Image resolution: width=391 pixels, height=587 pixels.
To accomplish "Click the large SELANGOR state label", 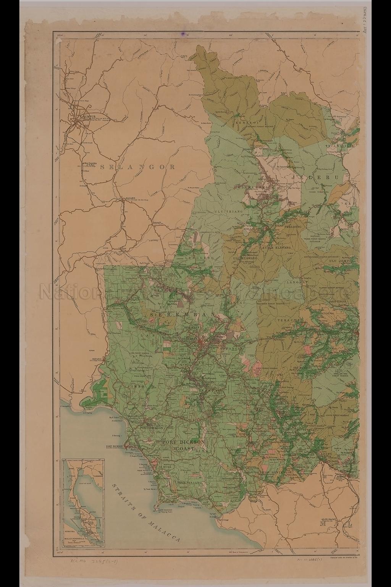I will click(137, 167).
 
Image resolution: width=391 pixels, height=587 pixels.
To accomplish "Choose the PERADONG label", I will click(293, 227).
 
